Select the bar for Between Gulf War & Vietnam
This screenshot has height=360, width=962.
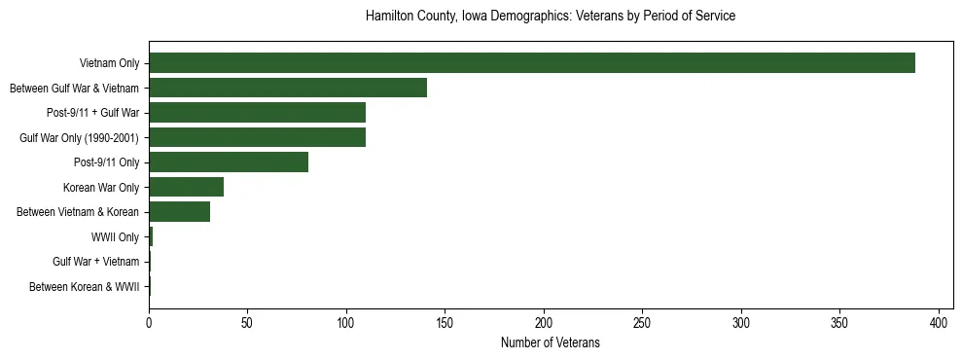tap(288, 89)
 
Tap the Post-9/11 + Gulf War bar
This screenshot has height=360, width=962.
tap(257, 113)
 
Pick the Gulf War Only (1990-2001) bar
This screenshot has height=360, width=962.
tap(257, 138)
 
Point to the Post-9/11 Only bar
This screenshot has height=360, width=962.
tap(229, 162)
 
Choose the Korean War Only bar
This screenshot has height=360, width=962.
tap(186, 187)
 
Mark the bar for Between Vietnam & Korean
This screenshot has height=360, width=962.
tap(179, 212)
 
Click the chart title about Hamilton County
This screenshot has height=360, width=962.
tap(550, 17)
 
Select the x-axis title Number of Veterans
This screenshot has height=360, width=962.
tap(550, 343)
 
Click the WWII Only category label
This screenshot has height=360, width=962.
tap(115, 237)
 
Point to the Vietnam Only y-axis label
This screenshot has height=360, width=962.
tap(109, 64)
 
